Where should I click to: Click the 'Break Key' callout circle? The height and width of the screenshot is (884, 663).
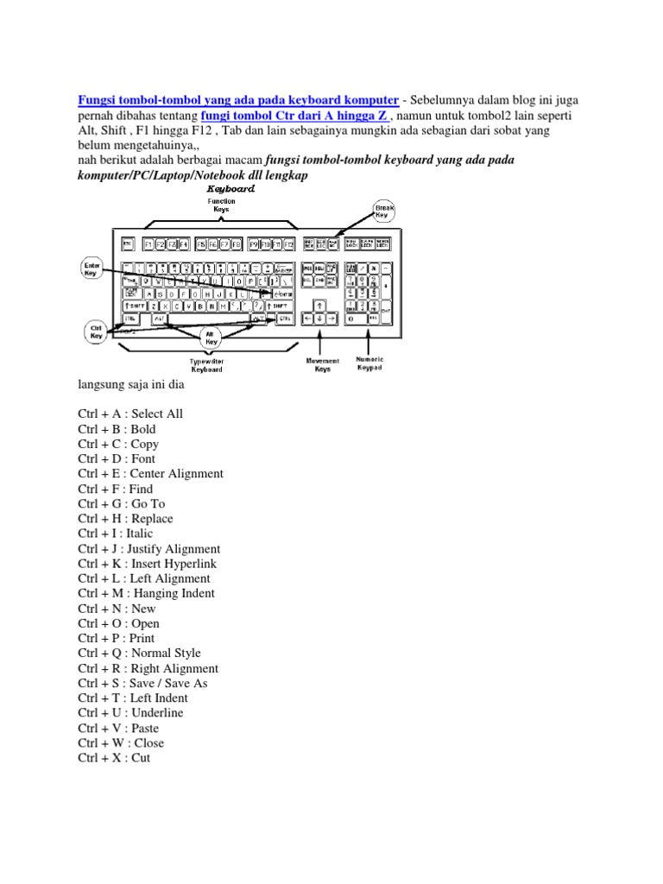(x=385, y=210)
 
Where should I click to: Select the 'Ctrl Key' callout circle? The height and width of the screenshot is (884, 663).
(x=95, y=330)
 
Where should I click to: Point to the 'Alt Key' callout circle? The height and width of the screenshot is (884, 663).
(x=211, y=337)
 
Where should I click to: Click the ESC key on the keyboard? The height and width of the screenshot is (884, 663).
(x=128, y=244)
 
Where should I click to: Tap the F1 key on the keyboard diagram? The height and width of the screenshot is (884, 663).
(x=148, y=244)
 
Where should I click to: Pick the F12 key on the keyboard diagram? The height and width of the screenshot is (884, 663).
(x=289, y=244)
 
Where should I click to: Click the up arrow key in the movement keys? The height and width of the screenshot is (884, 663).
(x=320, y=305)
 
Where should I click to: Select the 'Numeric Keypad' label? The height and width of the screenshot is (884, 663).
(x=369, y=363)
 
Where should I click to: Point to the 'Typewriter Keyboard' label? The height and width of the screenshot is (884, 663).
(x=206, y=365)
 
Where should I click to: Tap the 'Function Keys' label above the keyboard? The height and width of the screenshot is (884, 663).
(x=221, y=205)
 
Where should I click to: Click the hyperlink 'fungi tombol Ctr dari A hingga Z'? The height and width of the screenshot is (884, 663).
(x=295, y=115)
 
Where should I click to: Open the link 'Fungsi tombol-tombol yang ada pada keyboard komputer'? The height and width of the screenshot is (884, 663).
(x=237, y=100)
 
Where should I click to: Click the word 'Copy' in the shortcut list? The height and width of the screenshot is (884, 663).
(x=145, y=444)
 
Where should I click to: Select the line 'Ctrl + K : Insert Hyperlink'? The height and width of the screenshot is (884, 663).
(x=148, y=564)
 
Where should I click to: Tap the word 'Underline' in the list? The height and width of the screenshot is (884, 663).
(x=158, y=713)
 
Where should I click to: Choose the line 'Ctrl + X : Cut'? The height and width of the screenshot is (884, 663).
(x=114, y=758)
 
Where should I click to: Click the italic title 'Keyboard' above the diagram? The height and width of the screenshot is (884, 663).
(x=229, y=188)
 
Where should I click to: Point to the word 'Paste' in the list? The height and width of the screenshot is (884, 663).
(x=145, y=728)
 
